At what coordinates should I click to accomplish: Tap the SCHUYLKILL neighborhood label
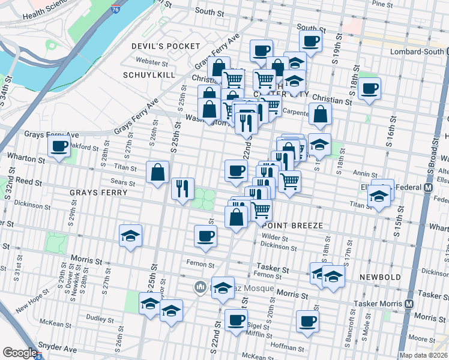pyautogui.click(x=148, y=75)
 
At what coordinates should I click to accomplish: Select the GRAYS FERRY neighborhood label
pyautogui.click(x=98, y=193)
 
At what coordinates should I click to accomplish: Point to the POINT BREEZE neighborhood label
pyautogui.click(x=293, y=225)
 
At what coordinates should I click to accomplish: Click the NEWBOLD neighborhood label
pyautogui.click(x=379, y=277)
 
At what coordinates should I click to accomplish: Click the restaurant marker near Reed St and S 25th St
pyautogui.click(x=182, y=188)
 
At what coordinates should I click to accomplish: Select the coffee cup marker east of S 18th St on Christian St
pyautogui.click(x=369, y=89)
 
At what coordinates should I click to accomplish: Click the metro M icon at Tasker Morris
pyautogui.click(x=409, y=304)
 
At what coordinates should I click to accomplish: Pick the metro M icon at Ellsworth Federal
pyautogui.click(x=429, y=187)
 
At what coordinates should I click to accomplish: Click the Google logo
pyautogui.click(x=19, y=353)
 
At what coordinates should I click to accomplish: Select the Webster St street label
pyautogui.click(x=151, y=62)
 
